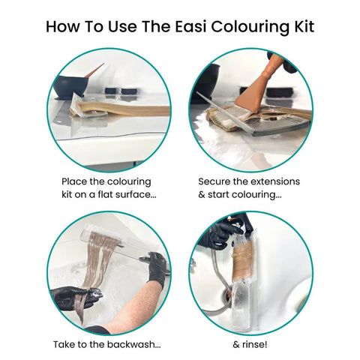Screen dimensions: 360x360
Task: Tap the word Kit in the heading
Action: (304, 26)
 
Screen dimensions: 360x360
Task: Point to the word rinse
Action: (255, 344)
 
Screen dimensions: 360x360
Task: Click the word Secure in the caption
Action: (214, 181)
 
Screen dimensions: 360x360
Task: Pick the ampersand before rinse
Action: (236, 345)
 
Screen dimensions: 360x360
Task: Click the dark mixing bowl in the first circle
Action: (70, 87)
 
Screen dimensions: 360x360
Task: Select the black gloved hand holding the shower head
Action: (223, 234)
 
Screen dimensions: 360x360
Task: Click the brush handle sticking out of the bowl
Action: (94, 70)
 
